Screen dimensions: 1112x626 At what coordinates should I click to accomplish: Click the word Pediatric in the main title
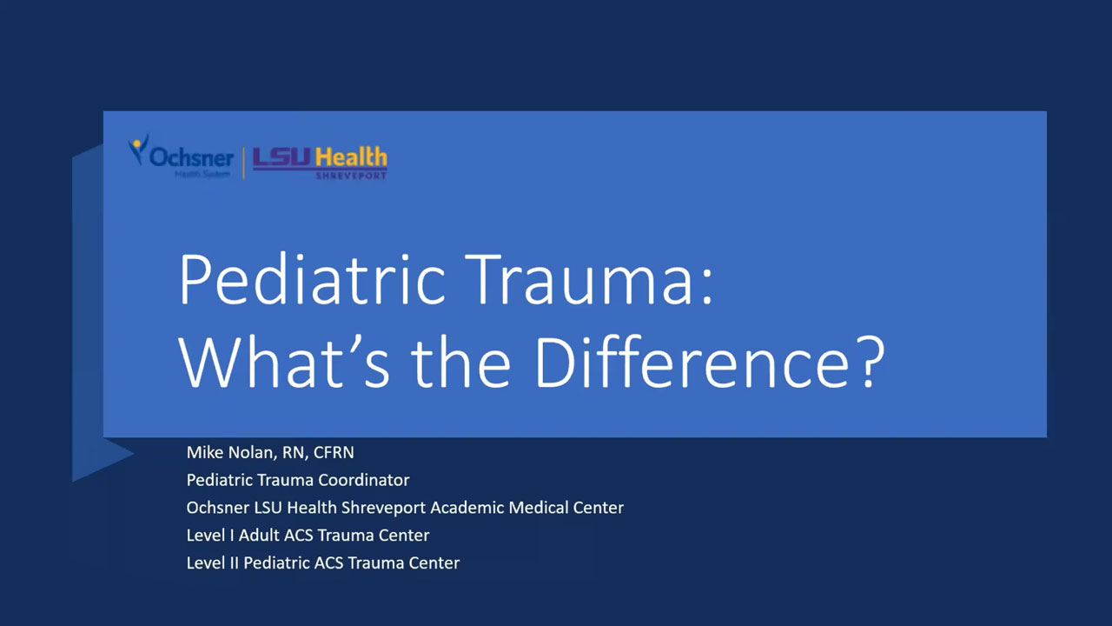tap(312, 279)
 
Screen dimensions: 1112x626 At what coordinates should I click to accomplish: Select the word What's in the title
tap(284, 361)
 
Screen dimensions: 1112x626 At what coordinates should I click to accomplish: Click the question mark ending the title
tap(872, 361)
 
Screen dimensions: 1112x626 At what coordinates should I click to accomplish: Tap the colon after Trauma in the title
tap(707, 286)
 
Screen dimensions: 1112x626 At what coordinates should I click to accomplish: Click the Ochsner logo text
tap(191, 157)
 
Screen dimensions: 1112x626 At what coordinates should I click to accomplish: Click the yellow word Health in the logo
tap(352, 157)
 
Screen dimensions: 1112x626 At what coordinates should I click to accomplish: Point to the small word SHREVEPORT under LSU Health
tap(352, 176)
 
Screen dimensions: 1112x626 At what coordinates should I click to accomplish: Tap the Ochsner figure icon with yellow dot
tap(138, 148)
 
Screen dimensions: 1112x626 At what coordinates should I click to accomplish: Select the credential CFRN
tap(334, 453)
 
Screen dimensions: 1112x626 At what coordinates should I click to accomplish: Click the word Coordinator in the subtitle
tap(364, 480)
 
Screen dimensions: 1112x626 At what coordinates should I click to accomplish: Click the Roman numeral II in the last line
tap(234, 563)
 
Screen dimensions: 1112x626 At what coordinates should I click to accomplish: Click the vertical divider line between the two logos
tap(243, 163)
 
